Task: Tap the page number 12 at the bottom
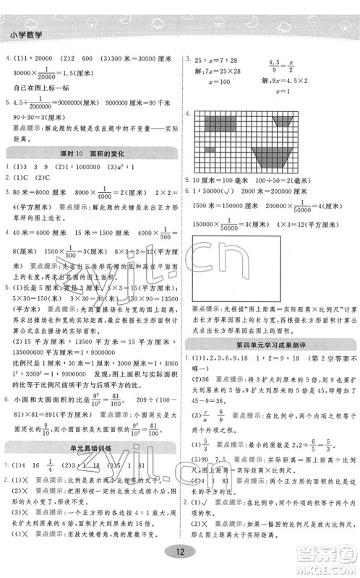pos(180,553)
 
